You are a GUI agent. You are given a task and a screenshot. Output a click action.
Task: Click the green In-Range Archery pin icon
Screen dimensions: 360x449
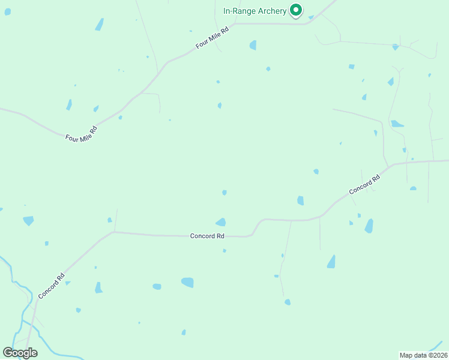295,10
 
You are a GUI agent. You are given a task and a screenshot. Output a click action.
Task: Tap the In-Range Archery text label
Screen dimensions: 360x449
255,11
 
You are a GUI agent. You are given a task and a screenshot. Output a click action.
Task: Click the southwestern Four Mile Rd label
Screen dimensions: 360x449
82,133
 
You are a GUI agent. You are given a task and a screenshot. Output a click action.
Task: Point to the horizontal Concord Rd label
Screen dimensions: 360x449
207,236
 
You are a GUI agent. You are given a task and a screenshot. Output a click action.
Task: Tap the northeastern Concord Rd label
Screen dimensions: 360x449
365,184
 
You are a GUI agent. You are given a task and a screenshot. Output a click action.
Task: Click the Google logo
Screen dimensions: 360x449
20,353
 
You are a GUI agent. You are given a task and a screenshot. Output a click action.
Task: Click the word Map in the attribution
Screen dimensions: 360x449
407,355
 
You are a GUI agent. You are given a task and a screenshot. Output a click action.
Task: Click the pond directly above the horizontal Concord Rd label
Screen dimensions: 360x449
221,222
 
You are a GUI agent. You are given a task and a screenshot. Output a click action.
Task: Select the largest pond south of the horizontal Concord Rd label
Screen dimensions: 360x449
188,282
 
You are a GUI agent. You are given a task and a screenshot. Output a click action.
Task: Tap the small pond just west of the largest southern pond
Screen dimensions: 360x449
157,287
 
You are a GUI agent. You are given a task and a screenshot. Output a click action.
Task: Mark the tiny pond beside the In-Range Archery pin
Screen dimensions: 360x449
311,17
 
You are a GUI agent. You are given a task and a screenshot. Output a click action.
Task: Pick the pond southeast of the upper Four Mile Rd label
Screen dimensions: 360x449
253,45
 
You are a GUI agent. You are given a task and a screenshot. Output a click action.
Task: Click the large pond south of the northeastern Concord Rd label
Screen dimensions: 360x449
369,226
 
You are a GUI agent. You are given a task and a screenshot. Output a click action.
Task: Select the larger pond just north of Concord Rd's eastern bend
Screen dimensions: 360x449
300,200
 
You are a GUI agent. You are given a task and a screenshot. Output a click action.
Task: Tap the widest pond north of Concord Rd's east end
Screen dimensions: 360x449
397,124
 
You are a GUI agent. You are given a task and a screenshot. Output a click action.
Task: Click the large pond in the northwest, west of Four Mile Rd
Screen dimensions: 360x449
99,25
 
